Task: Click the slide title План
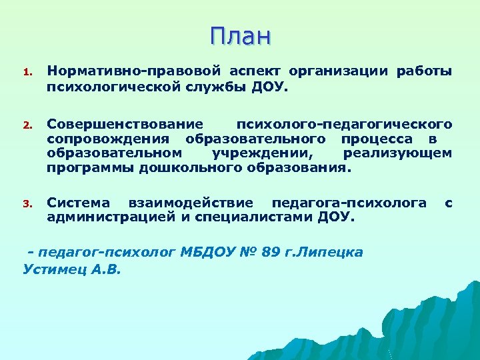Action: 240,35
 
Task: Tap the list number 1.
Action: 27,72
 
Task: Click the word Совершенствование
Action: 125,125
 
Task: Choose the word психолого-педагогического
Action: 344,125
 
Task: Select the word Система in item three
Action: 78,203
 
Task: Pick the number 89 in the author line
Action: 270,253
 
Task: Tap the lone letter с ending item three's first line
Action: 448,203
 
